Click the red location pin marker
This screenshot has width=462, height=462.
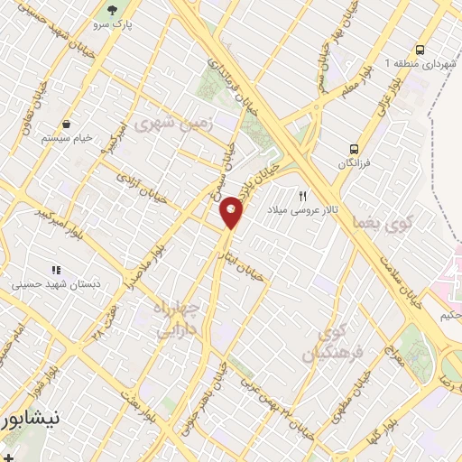tap(232, 211)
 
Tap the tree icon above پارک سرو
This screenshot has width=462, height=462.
tap(112, 11)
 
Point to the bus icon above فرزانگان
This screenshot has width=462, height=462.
tap(354, 150)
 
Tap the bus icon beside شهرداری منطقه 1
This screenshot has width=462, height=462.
tap(420, 51)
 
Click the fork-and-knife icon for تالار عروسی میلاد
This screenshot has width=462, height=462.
tap(303, 195)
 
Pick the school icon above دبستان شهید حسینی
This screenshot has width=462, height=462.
tap(56, 269)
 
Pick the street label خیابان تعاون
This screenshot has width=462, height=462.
tap(40, 104)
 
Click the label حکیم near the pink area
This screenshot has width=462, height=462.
tap(450, 317)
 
